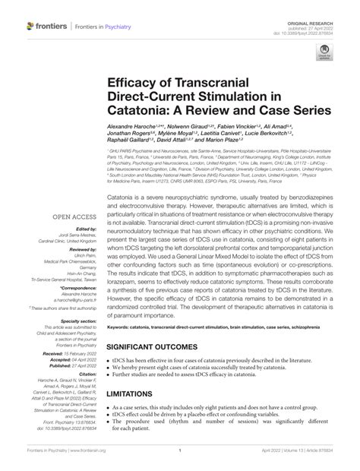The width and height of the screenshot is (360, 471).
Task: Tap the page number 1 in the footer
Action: point(179,461)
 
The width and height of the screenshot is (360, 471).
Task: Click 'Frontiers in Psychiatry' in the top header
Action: point(102,26)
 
